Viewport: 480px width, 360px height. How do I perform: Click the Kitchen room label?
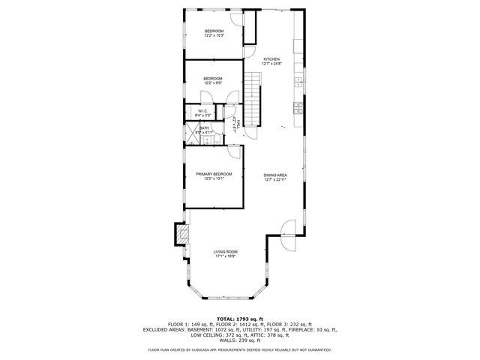coord(271,58)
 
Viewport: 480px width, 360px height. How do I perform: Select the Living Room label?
coord(225,252)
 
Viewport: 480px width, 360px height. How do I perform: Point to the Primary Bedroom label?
coord(214,174)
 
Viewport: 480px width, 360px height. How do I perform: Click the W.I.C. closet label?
coord(202,112)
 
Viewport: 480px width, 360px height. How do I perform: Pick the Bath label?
coord(204,128)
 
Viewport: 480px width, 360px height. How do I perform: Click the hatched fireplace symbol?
coord(181,235)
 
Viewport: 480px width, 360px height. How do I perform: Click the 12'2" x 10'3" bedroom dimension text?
coord(214,35)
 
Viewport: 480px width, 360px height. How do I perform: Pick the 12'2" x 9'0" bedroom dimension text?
coord(214,82)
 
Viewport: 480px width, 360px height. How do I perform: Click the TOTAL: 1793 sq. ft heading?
coord(240,319)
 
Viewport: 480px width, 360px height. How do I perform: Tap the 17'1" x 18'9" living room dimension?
coord(225,256)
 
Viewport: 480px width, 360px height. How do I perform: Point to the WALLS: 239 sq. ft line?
coord(240,340)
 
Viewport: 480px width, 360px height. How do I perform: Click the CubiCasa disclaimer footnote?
coord(240,350)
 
